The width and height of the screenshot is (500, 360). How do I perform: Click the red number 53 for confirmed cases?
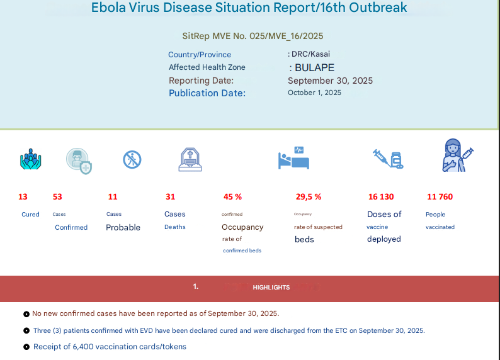point(57,197)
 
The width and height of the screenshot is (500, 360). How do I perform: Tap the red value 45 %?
point(232,197)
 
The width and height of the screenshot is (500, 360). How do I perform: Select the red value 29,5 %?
point(309,197)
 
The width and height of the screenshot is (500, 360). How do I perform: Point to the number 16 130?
point(380,197)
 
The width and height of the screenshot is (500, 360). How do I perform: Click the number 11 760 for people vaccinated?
point(440,197)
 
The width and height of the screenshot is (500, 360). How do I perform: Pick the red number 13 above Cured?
point(23,197)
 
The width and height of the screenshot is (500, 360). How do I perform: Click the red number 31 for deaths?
point(170,197)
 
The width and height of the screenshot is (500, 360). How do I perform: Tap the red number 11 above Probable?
point(113,197)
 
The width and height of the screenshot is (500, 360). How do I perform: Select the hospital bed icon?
point(294,158)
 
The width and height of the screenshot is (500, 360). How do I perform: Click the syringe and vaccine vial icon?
point(388,159)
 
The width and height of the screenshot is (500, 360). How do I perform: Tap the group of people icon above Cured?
point(30,159)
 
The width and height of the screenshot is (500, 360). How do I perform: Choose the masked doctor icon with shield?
point(79,161)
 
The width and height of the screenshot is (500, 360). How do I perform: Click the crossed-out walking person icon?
point(132,159)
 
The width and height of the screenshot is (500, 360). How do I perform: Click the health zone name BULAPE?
point(314,68)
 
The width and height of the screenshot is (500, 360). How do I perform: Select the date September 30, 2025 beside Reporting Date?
point(330,81)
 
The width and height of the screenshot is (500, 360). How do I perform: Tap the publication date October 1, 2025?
point(314,93)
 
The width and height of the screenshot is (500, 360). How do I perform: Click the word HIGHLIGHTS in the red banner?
point(271,288)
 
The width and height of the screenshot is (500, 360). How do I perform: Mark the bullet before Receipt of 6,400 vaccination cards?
point(26,347)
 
